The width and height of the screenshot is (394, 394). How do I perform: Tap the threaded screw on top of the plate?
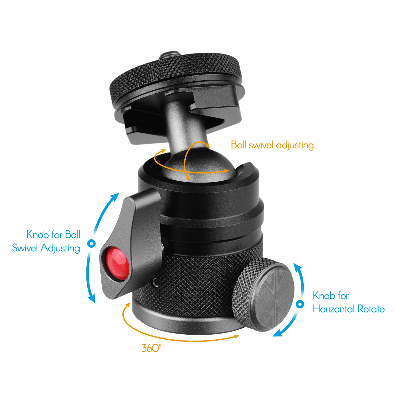tap(166, 57)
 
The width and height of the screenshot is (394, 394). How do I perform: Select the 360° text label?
tap(152, 348)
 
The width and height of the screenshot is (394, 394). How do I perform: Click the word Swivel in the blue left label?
tap(25, 248)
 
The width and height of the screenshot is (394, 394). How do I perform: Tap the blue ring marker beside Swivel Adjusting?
tap(91, 243)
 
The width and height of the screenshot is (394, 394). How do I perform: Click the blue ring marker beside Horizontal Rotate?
tap(300, 304)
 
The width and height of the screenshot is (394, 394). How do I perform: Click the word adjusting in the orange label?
tap(295, 145)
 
